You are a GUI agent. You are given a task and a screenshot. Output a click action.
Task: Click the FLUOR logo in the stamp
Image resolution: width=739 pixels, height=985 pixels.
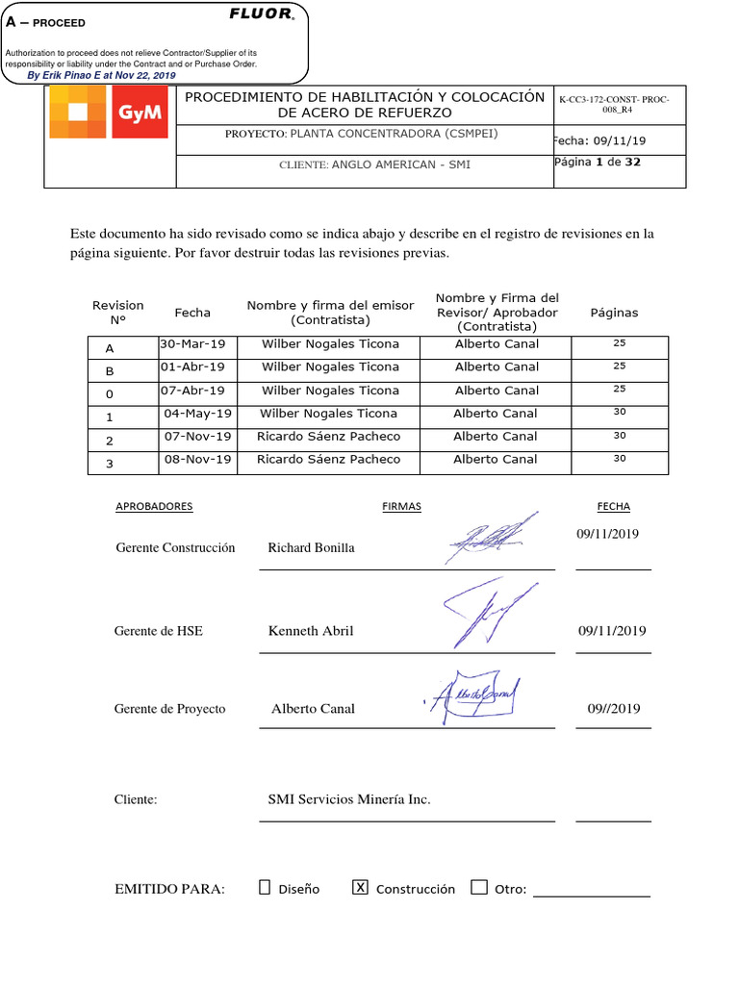tap(261, 13)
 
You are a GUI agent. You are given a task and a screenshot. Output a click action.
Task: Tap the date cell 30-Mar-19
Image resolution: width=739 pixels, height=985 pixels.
tap(192, 343)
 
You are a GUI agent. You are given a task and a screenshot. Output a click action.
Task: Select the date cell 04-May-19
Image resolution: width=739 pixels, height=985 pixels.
tap(197, 414)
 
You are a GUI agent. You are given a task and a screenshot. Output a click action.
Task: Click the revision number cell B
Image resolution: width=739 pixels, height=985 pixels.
tap(110, 370)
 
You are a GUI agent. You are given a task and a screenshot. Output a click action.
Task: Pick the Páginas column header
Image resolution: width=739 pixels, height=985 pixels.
tap(614, 313)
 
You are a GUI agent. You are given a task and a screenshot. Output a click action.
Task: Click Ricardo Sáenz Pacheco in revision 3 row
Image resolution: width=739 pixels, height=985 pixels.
tap(328, 460)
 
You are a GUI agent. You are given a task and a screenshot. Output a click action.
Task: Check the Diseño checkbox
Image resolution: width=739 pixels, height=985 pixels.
tap(265, 888)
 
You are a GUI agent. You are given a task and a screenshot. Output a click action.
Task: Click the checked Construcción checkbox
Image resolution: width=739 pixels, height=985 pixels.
tap(360, 888)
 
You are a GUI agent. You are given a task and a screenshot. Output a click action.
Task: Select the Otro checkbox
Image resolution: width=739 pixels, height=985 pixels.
tap(479, 888)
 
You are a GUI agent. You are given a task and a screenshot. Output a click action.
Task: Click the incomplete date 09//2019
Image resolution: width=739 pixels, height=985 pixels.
tap(613, 709)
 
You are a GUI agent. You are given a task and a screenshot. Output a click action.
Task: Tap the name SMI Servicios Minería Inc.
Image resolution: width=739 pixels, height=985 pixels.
tap(349, 799)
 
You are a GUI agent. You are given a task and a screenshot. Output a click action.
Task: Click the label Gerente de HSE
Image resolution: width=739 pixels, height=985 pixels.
tap(158, 631)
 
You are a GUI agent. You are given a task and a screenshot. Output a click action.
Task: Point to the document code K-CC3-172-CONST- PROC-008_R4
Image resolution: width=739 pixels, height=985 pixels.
tap(615, 104)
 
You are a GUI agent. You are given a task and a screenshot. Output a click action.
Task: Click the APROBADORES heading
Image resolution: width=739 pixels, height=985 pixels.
tap(154, 507)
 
